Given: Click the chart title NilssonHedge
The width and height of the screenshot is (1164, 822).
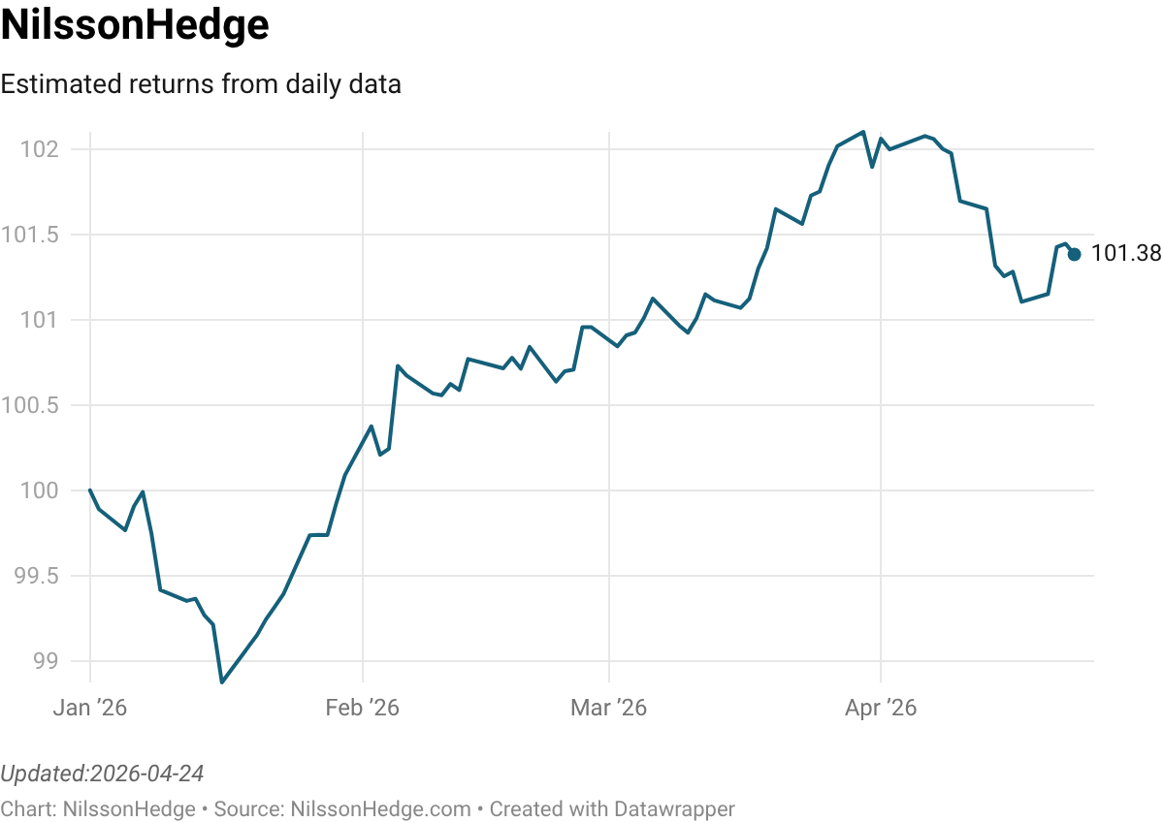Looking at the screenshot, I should pos(135,26).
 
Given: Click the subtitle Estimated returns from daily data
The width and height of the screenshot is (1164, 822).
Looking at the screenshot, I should pos(201,84).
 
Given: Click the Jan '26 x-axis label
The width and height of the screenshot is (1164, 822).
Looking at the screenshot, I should pos(89,709).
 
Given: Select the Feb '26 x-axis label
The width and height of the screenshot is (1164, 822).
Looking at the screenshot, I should pos(362,709).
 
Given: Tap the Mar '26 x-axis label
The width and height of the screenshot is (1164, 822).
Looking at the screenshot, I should pos(608,709).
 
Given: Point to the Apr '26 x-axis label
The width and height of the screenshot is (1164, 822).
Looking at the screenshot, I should pos(880,709).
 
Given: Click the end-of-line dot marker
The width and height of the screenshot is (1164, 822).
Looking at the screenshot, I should pos(1075,255).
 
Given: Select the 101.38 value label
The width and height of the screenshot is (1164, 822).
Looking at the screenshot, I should pos(1126,254).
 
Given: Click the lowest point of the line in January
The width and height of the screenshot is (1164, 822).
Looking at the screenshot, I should pos(222,682).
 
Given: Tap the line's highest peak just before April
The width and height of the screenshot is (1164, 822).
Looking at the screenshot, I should pos(863,132).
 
